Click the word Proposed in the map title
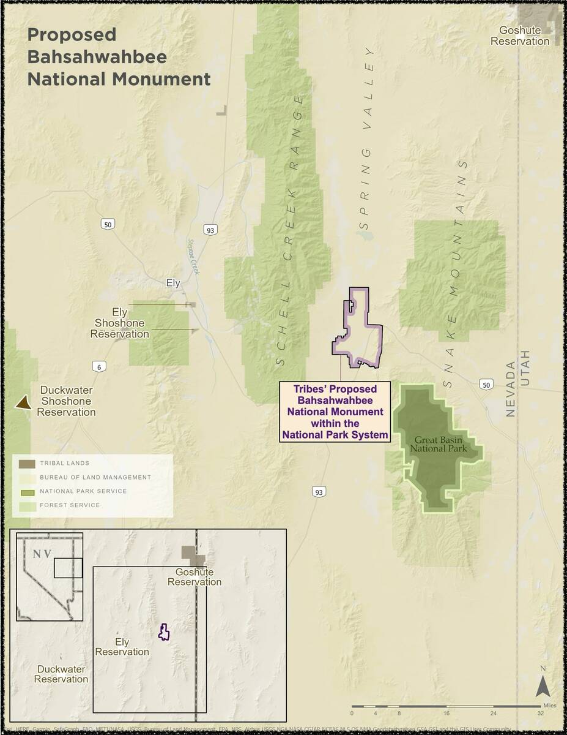coord(72,35)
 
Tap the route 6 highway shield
coord(98,367)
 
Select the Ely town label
coord(173,283)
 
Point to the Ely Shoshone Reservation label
coord(120,323)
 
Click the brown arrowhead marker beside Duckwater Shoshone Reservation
coord(23,402)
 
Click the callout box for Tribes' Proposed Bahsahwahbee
coord(335,412)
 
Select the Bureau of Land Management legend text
coord(95,477)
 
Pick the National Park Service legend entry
coord(83,491)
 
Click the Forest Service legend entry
coord(70,505)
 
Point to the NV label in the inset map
coord(42,554)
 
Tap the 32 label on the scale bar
coord(541,713)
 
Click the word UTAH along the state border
coord(525,368)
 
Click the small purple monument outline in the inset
coord(163,632)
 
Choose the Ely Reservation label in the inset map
coord(122,647)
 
